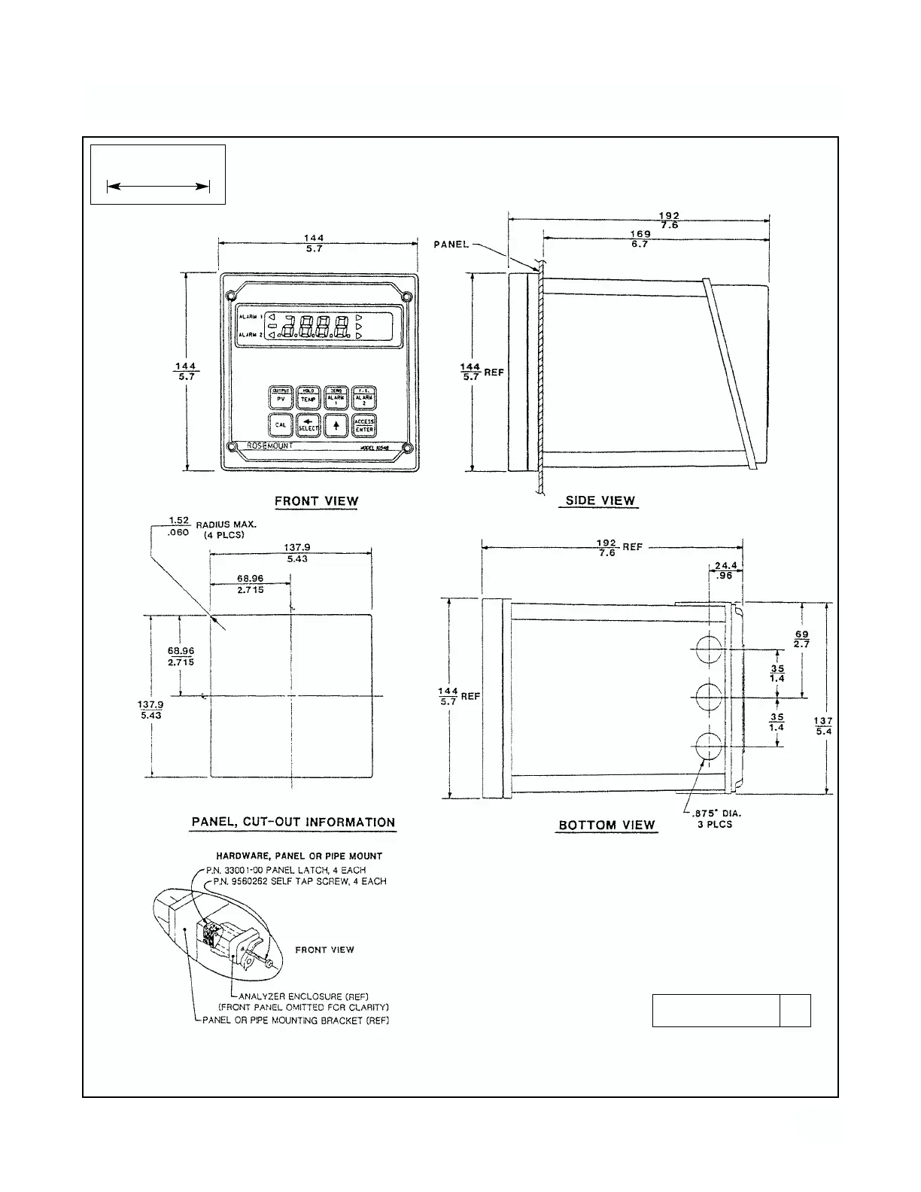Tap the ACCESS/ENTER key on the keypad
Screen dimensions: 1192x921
364,425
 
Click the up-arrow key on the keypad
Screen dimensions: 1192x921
336,425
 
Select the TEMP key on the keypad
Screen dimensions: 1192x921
309,397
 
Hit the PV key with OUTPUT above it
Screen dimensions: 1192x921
281,397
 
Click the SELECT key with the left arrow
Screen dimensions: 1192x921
309,425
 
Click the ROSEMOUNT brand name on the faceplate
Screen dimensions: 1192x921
271,445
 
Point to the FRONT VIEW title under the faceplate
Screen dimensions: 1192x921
316,501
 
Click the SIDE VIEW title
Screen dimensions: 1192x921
600,500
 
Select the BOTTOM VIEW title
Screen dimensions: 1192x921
606,825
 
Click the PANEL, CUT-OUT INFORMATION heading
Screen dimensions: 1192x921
293,823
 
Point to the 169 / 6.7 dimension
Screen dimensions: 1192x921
640,239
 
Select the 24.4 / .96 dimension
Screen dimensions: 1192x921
725,569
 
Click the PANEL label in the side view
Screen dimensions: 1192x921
451,245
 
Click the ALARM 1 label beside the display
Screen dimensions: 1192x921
251,318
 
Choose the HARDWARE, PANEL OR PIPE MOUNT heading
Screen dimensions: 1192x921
299,856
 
